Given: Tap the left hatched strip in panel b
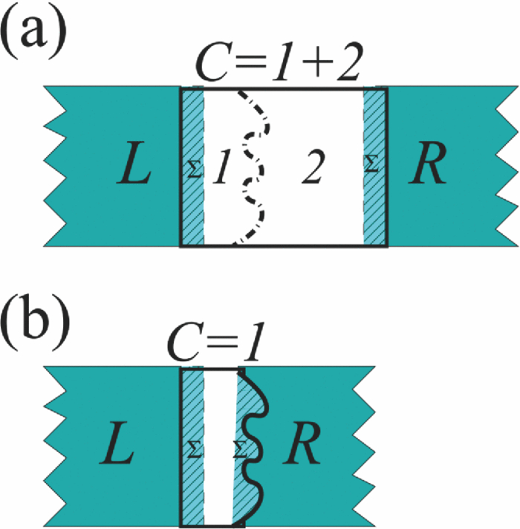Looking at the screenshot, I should point(192,490).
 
